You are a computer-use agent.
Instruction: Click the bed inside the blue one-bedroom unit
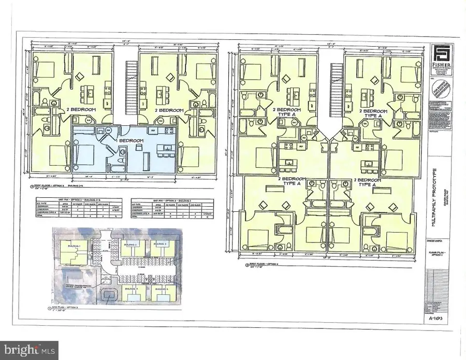[x=84, y=154]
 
